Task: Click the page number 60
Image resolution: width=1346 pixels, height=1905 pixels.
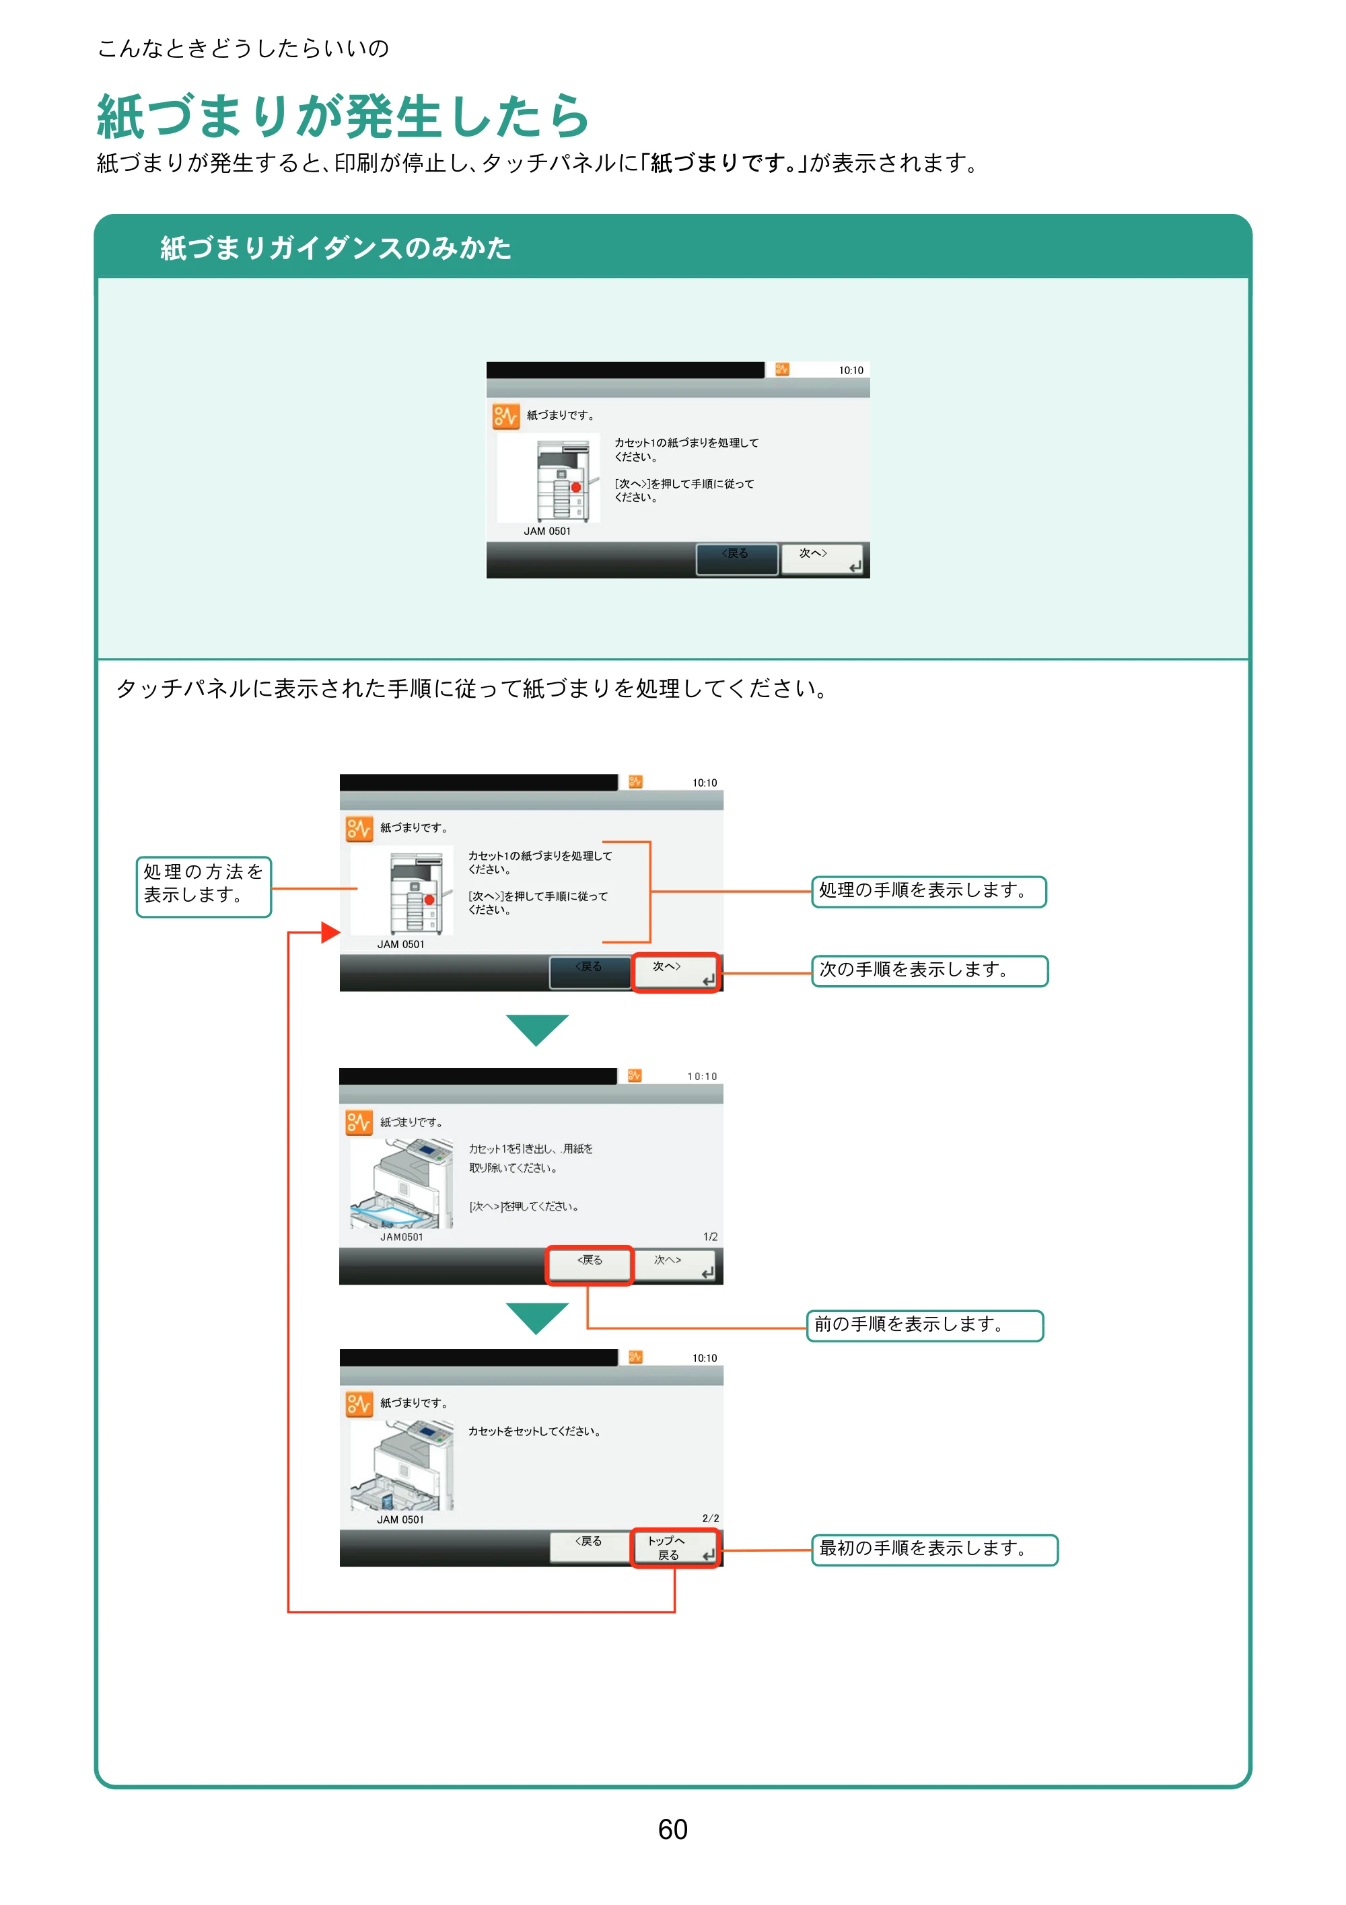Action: [672, 1830]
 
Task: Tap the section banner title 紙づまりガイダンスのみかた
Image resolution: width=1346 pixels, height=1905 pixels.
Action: [335, 247]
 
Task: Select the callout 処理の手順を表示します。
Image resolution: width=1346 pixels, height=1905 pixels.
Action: [929, 891]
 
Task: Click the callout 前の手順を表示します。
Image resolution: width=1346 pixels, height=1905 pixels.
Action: [925, 1325]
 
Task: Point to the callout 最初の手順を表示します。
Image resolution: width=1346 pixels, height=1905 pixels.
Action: [934, 1549]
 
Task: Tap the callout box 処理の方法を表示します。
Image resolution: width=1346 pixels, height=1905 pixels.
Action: [203, 886]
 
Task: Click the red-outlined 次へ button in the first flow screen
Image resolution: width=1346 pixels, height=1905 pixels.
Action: [676, 972]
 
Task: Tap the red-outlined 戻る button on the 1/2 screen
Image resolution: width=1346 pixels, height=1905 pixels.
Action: [589, 1265]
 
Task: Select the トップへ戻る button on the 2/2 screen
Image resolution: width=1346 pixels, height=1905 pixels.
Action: [674, 1548]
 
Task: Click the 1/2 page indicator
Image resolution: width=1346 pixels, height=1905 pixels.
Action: [710, 1236]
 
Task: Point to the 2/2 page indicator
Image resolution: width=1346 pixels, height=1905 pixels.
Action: [710, 1518]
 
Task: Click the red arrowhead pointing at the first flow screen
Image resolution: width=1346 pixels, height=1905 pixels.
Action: [330, 933]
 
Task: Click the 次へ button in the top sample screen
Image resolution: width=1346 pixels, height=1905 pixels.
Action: [822, 559]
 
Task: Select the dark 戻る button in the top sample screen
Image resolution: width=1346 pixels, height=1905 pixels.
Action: [737, 559]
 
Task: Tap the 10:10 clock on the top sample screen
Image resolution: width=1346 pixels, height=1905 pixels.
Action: [851, 370]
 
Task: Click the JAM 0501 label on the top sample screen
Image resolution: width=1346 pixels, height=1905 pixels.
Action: [547, 531]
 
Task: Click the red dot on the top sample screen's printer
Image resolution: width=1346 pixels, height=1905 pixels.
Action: [576, 487]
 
